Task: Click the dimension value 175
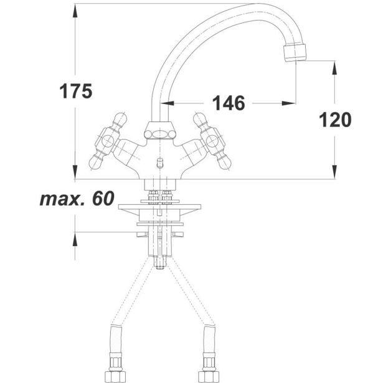click(x=76, y=91)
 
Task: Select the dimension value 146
click(x=229, y=103)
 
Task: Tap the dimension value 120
click(x=335, y=120)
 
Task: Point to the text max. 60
click(x=77, y=198)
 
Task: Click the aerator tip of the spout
click(x=295, y=52)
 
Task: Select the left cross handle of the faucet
click(x=108, y=141)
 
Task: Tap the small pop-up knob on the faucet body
click(x=160, y=163)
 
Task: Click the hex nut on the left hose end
click(x=115, y=376)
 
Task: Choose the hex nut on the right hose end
click(x=209, y=376)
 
